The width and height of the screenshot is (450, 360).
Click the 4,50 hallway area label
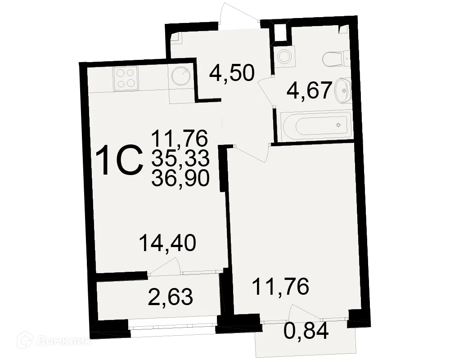point(232,73)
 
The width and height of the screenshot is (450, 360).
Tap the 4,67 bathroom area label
point(310,90)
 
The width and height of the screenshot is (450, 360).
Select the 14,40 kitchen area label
point(167,243)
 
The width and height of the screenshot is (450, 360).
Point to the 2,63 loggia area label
point(170,297)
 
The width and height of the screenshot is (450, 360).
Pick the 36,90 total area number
point(180,178)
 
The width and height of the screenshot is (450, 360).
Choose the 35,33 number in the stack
point(180,158)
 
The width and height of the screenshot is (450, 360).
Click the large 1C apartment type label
point(119,160)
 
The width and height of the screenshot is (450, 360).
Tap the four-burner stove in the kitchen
point(126,78)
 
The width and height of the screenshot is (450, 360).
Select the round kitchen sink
point(181,76)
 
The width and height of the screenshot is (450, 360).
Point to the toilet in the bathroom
point(336,59)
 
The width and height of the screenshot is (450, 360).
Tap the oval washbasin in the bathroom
point(342,90)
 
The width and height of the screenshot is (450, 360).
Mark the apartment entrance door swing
point(239,13)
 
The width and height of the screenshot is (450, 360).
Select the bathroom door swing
point(266,90)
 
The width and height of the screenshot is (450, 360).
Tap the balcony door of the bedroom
point(305,312)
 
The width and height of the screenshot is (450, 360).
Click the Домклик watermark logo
point(54,341)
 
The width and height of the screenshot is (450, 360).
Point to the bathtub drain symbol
point(338,125)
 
